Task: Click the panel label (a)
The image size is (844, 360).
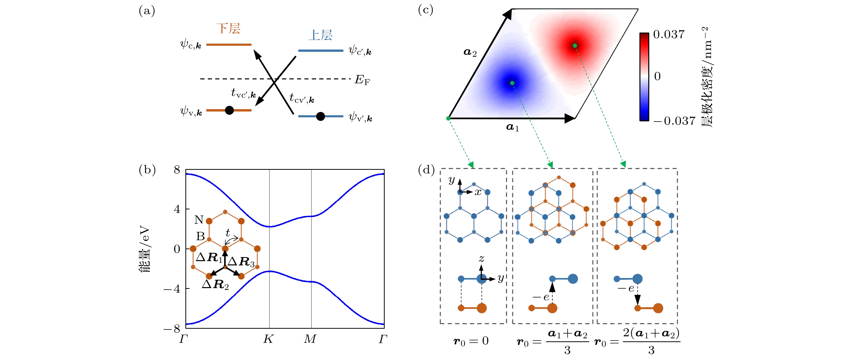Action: coord(147,11)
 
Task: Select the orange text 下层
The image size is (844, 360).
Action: coord(228,29)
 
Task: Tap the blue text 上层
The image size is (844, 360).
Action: coord(320,35)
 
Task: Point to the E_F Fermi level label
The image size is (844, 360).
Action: coord(362,80)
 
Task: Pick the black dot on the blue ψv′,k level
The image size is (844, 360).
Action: coord(320,116)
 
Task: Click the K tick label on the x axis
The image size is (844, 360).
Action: coord(268,339)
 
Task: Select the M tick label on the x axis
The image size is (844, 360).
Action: coord(310,339)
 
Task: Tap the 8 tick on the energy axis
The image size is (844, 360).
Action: coord(177,170)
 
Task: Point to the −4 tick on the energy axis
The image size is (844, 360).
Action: coord(172,289)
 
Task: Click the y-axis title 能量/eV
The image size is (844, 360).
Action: coord(145,249)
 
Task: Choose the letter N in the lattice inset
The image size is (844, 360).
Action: coord(199,220)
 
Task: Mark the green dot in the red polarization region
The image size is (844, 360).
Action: coord(575,45)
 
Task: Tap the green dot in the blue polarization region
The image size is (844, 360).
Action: coord(512,83)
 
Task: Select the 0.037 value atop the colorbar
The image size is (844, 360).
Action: coord(669,34)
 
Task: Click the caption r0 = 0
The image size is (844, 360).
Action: coord(471,341)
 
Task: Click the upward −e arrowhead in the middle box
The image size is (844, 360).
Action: coord(552,287)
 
